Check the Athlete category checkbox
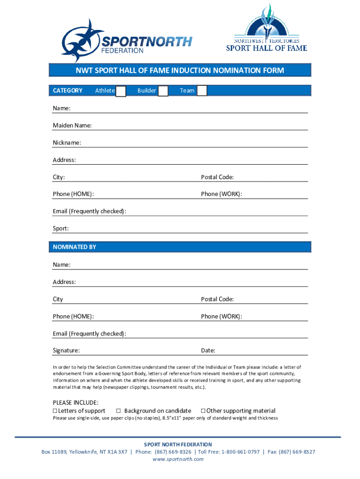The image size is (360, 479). point(121,91)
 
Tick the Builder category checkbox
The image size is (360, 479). point(163,91)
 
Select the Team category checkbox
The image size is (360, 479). point(202,91)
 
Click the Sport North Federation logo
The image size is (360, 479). point(126,41)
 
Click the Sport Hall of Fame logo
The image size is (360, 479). point(266,29)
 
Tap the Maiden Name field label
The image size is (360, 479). point(72,125)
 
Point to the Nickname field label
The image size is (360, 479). point(67,142)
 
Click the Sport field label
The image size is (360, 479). point(61,229)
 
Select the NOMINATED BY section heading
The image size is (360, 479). point(74,247)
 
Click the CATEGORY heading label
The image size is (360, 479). point(68,91)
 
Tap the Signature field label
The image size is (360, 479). point(66,350)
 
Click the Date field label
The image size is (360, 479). point(208,350)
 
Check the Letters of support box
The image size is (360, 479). point(55,411)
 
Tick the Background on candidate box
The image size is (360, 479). point(118,411)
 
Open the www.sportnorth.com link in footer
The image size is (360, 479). point(178,459)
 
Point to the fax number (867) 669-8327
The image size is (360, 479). point(297,452)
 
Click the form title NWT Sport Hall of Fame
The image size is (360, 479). point(180,71)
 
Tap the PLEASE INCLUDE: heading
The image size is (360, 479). point(75,403)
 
